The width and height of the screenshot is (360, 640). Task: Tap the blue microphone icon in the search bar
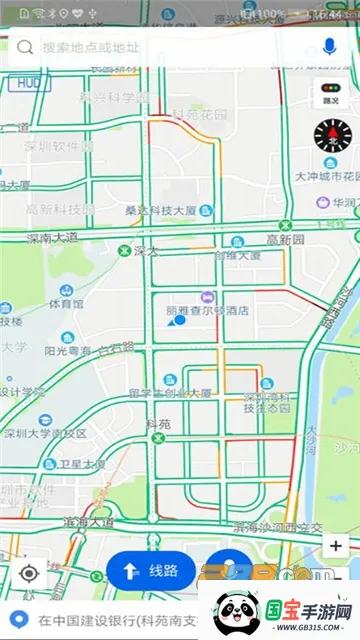pyautogui.click(x=329, y=47)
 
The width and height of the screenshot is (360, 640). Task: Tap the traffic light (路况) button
pyautogui.click(x=330, y=93)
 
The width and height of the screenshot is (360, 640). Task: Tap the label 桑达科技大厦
pyautogui.click(x=160, y=211)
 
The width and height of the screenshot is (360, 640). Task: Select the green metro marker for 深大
pyautogui.click(x=124, y=251)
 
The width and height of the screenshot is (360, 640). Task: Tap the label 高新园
pyautogui.click(x=285, y=239)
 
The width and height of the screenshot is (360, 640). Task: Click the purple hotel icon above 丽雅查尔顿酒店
pyautogui.click(x=207, y=297)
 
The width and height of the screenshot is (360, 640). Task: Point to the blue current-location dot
pyautogui.click(x=180, y=321)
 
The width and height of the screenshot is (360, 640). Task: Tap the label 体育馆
pyautogui.click(x=66, y=303)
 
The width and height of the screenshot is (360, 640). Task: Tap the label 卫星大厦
pyautogui.click(x=82, y=464)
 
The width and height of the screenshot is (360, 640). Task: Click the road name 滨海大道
pyautogui.click(x=88, y=522)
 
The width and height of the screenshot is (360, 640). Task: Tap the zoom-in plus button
pyautogui.click(x=337, y=546)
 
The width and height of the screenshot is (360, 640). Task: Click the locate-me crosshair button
pyautogui.click(x=29, y=573)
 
